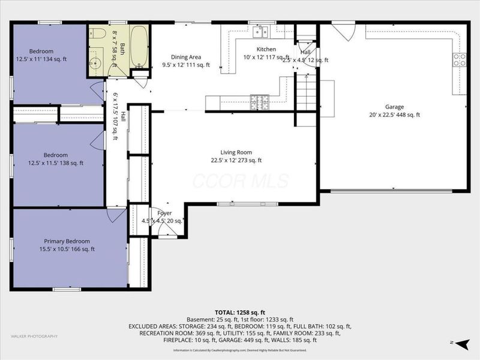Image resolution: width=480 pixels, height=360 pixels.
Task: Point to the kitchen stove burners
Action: [x=256, y=100]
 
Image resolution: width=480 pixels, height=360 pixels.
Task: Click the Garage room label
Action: [x=394, y=107]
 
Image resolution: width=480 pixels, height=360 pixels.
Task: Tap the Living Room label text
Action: [x=236, y=152]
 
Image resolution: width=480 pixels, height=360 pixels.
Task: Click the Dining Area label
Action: [x=187, y=56]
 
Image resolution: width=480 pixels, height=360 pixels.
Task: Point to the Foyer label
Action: [x=164, y=213]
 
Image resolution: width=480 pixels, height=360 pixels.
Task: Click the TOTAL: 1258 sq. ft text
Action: [x=239, y=313]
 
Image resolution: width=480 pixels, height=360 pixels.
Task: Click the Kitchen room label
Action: [x=266, y=49]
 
